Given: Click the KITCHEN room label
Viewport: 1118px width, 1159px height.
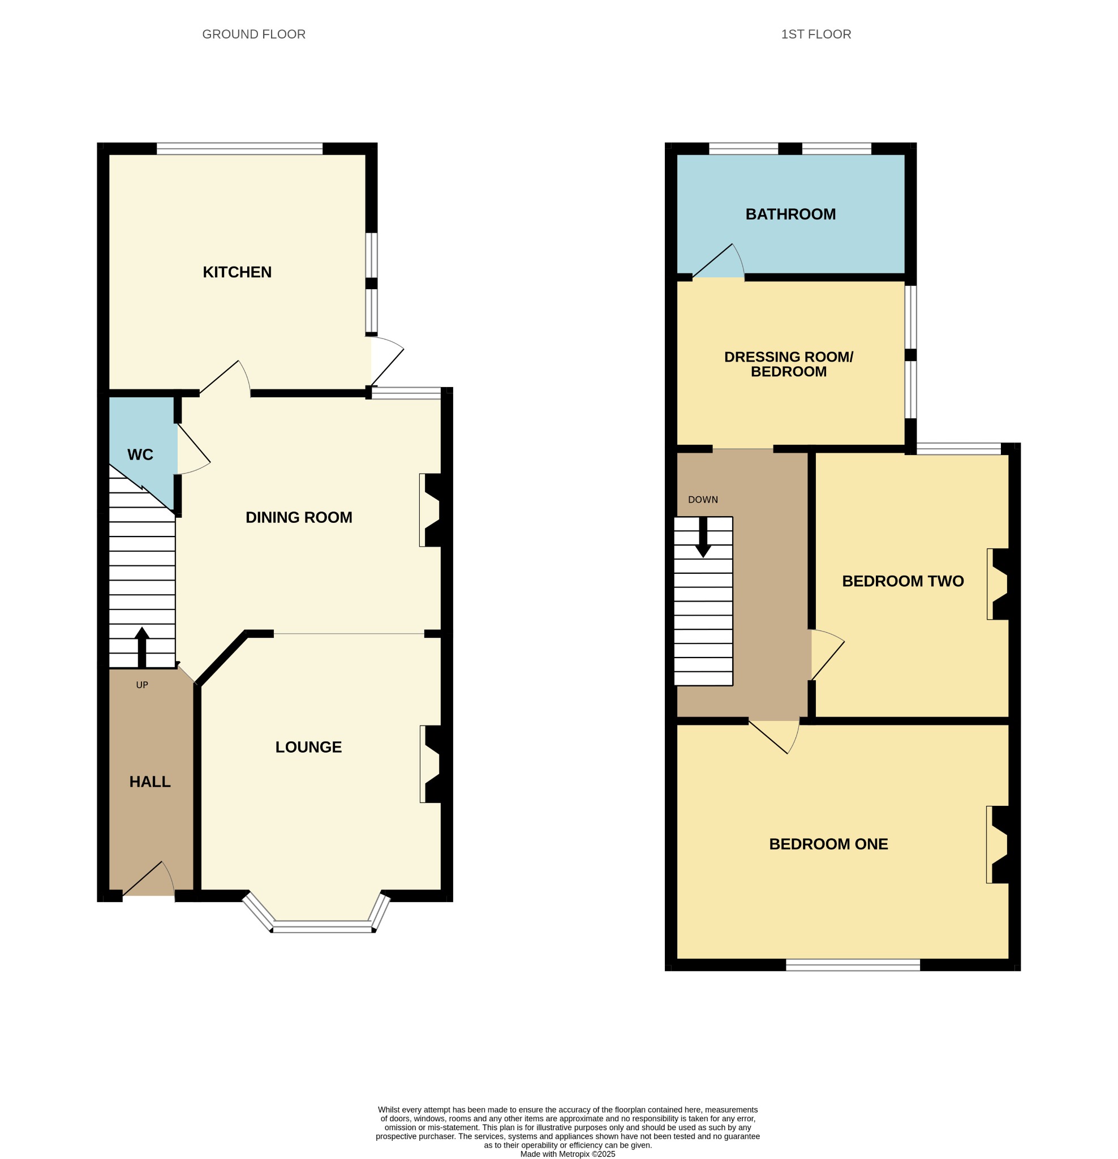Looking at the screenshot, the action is [x=237, y=272].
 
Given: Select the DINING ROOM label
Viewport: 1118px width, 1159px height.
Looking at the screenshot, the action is [x=299, y=517].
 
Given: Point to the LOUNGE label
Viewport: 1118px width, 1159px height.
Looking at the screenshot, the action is [x=308, y=747].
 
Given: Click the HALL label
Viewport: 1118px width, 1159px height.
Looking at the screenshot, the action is [x=149, y=782].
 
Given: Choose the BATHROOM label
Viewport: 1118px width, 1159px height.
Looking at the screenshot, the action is [x=790, y=214].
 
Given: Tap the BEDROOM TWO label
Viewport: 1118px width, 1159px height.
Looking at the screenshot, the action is [x=903, y=581].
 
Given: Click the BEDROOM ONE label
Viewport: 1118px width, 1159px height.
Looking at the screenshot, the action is [x=828, y=844].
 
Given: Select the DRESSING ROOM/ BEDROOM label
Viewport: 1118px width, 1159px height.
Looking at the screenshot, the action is [x=789, y=364].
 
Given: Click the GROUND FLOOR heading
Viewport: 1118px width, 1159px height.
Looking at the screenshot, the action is [x=253, y=35].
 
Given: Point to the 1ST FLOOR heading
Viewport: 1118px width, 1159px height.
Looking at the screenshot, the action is [x=816, y=35].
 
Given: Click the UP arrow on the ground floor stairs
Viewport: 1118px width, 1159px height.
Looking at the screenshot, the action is [x=142, y=647].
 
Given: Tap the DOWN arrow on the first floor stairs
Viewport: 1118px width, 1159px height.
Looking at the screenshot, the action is [x=703, y=538].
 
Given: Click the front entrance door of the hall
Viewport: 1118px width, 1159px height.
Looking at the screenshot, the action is [x=148, y=880].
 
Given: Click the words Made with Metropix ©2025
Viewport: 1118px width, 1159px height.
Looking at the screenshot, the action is [x=567, y=1154].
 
